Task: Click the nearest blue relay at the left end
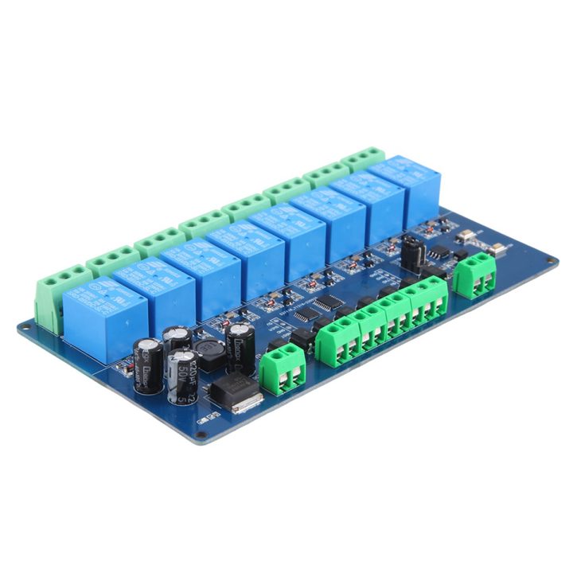[x=103, y=318]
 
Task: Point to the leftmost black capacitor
[x=148, y=364]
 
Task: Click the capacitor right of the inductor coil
[x=240, y=347]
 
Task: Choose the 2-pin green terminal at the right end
[x=475, y=278]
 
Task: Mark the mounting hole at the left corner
[x=23, y=327]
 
